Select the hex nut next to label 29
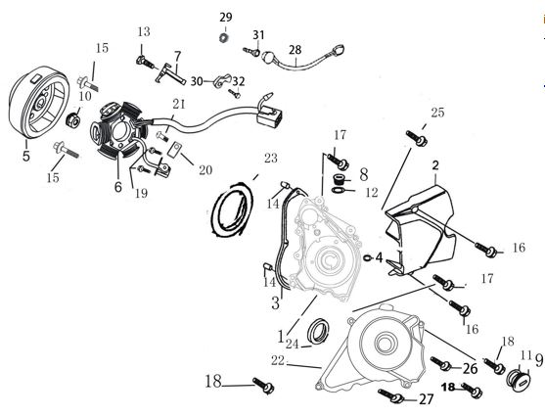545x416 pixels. (x=224, y=38)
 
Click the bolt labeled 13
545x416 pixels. (x=147, y=62)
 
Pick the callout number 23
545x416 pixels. (x=270, y=158)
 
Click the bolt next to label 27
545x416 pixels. (x=392, y=396)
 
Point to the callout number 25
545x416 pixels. (x=436, y=114)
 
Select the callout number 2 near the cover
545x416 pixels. (x=434, y=164)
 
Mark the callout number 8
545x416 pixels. (x=363, y=175)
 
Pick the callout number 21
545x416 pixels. (x=178, y=104)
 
